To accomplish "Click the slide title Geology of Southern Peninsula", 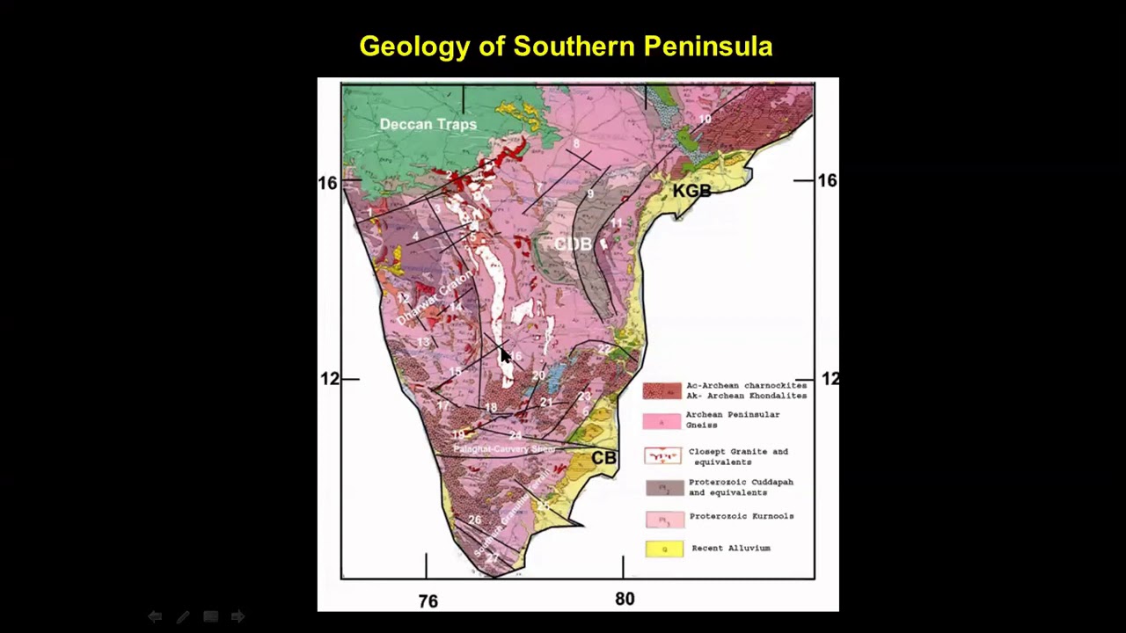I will [566, 47].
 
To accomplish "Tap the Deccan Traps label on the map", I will [428, 124].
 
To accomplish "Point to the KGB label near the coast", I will [691, 191].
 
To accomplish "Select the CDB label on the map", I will [573, 244].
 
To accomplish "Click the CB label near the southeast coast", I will [603, 458].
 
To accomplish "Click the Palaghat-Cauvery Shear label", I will [504, 449].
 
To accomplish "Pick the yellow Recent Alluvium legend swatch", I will [664, 549].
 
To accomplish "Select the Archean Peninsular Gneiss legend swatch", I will [662, 421].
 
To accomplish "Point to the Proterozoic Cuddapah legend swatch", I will [664, 487].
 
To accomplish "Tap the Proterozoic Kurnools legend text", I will [741, 516].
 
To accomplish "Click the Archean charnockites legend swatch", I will [662, 390].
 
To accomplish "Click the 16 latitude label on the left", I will [327, 183].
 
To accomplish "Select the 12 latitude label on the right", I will [830, 379].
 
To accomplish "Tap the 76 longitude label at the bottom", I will [428, 601].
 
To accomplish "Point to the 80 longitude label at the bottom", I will [625, 599].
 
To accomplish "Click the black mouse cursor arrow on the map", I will [505, 355].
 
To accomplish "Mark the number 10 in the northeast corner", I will [705, 120].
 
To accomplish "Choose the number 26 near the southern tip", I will [475, 520].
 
